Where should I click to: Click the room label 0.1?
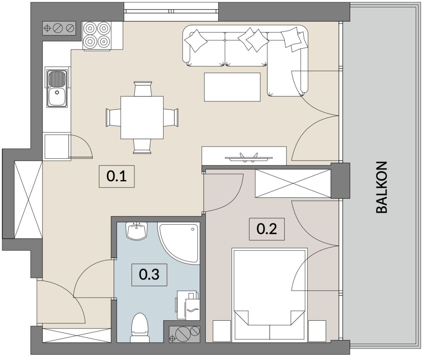pyautogui.click(x=117, y=176)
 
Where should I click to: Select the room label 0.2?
pyautogui.click(x=267, y=229)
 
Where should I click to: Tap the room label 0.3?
pyautogui.click(x=149, y=275)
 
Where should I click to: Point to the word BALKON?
pyautogui.click(x=382, y=187)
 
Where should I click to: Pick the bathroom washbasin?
pyautogui.click(x=136, y=231)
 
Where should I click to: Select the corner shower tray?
pyautogui.click(x=178, y=243)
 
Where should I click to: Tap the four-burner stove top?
pyautogui.click(x=97, y=35)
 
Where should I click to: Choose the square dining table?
pyautogui.click(x=142, y=118)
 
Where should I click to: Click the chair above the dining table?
pyautogui.click(x=143, y=89)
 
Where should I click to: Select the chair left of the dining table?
pyautogui.click(x=113, y=118)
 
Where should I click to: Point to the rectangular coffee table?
pyautogui.click(x=232, y=87)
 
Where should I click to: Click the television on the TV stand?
pyautogui.click(x=249, y=157)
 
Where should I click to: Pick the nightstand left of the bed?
pyautogui.click(x=222, y=331)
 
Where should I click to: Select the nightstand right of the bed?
pyautogui.click(x=317, y=331)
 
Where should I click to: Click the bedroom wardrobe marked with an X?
pyautogui.click(x=293, y=184)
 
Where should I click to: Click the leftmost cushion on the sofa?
pyautogui.click(x=196, y=41)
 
